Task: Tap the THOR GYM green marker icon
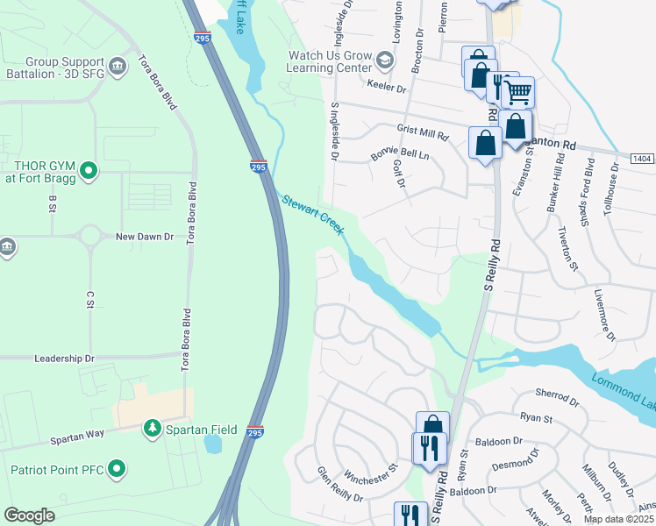(x=88, y=170)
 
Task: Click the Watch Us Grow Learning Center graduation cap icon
(x=384, y=60)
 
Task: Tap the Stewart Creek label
(x=313, y=216)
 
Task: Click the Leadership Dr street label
(x=63, y=359)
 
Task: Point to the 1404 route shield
(x=641, y=158)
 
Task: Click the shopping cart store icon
(x=518, y=90)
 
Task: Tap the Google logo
(x=29, y=515)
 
